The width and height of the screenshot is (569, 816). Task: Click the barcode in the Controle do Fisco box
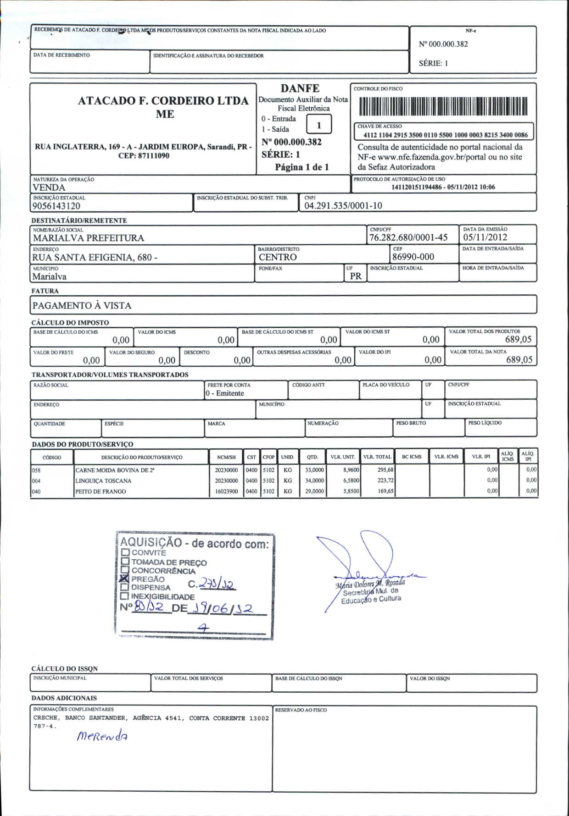tap(443, 106)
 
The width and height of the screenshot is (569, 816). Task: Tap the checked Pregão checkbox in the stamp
tap(124, 579)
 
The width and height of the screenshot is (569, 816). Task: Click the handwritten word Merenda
tap(102, 736)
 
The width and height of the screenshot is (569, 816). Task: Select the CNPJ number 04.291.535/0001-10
tap(343, 206)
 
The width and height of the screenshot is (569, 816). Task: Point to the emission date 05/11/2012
tap(485, 237)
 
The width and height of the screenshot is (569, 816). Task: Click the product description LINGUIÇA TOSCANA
tap(103, 481)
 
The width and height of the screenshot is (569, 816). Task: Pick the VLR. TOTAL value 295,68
tap(385, 470)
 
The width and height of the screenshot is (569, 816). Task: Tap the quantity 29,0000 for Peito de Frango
tap(315, 491)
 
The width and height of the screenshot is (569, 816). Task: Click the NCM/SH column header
tap(226, 457)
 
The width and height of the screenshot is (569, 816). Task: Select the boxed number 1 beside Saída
tap(318, 125)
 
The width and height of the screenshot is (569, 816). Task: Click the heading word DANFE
tap(300, 88)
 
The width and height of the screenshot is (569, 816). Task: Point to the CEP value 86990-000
tap(413, 257)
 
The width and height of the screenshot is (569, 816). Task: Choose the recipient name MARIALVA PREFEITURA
tap(89, 238)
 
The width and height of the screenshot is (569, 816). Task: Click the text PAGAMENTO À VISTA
tap(82, 306)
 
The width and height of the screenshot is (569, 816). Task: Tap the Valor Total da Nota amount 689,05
tap(519, 360)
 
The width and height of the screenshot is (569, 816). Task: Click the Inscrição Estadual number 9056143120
tap(56, 206)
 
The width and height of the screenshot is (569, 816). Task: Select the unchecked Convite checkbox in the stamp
tap(125, 552)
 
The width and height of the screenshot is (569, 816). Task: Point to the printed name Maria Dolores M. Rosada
tap(370, 584)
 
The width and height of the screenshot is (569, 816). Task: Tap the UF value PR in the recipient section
tap(356, 276)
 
